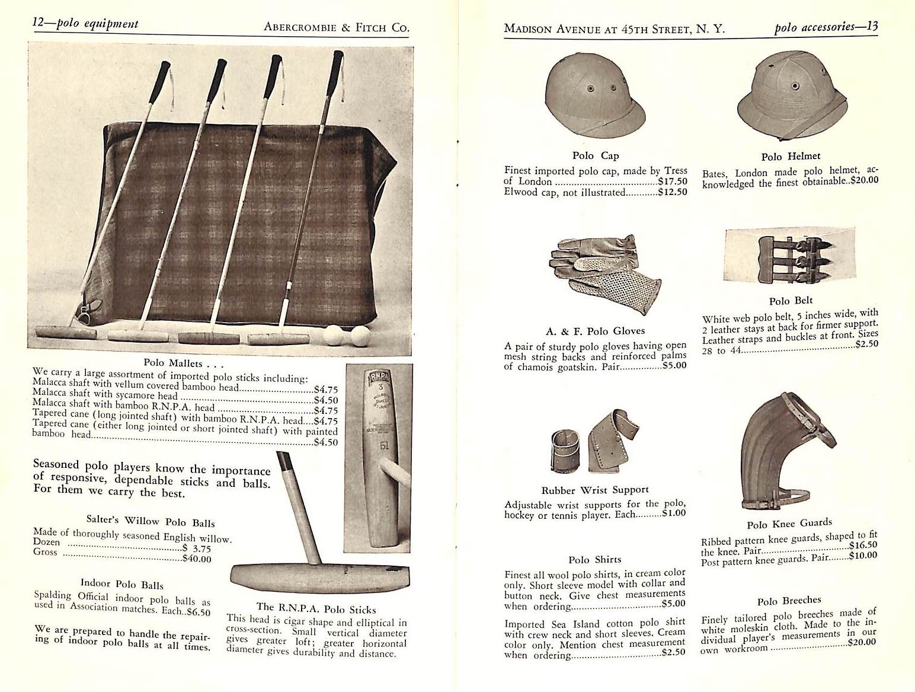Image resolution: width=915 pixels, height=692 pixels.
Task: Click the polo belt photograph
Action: pos(789,255)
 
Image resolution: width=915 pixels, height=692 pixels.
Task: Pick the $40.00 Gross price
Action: pos(196,559)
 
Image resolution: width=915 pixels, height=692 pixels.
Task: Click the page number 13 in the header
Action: pos(871,27)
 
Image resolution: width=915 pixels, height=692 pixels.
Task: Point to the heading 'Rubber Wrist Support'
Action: pos(595,490)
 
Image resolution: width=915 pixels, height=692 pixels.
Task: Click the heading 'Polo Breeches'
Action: pos(789,600)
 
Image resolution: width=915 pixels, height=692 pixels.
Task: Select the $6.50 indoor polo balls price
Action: pos(198,612)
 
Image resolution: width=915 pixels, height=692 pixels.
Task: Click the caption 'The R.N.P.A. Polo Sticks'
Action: pos(316,609)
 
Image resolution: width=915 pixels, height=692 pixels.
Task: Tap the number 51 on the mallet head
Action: pos(383,445)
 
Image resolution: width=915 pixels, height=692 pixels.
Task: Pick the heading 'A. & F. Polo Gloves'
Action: pos(595,331)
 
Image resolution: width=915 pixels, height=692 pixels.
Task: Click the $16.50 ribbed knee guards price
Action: pos(863,545)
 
